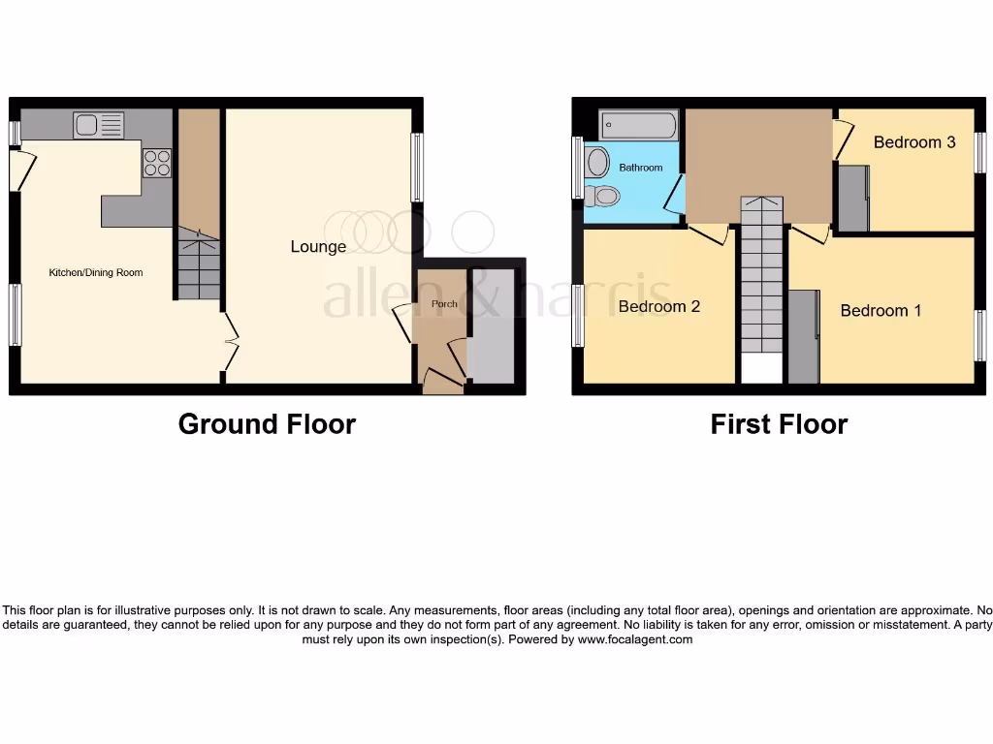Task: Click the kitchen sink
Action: [x=98, y=125]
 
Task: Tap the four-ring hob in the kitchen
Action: [x=157, y=163]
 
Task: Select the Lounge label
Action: [x=318, y=247]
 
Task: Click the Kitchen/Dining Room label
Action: [x=96, y=273]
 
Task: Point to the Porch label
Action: [x=444, y=304]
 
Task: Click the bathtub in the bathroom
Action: [x=638, y=126]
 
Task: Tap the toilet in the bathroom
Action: [x=603, y=197]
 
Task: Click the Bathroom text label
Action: [x=641, y=169]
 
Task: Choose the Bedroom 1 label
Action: [x=881, y=311]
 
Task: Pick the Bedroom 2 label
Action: [x=659, y=307]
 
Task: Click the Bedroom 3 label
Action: [x=914, y=142]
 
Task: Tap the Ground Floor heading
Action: [x=267, y=424]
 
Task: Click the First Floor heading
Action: [x=779, y=424]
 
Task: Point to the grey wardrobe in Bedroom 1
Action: [x=803, y=336]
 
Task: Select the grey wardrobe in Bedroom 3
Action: [x=853, y=199]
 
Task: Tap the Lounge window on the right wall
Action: [x=417, y=167]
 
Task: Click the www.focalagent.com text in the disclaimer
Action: [x=635, y=639]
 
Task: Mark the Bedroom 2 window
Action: [x=578, y=316]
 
